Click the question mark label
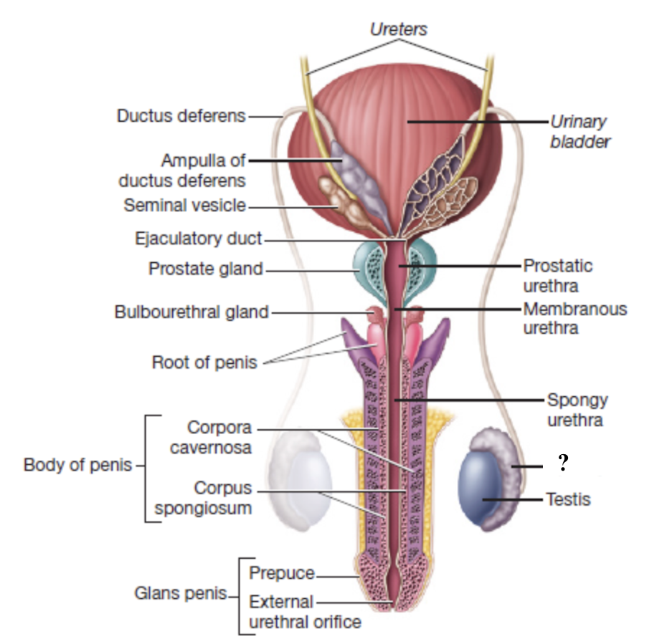[x=564, y=463]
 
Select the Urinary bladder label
[x=580, y=131]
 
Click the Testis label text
[x=568, y=499]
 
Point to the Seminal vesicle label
[x=184, y=205]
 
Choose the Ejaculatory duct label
[x=199, y=239]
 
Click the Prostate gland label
[x=206, y=269]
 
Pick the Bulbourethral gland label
[x=191, y=312]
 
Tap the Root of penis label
[x=204, y=362]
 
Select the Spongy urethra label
[x=575, y=409]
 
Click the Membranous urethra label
[x=574, y=318]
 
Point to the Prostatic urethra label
[x=558, y=275]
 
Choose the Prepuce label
[x=281, y=573]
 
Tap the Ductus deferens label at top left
[x=181, y=115]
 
